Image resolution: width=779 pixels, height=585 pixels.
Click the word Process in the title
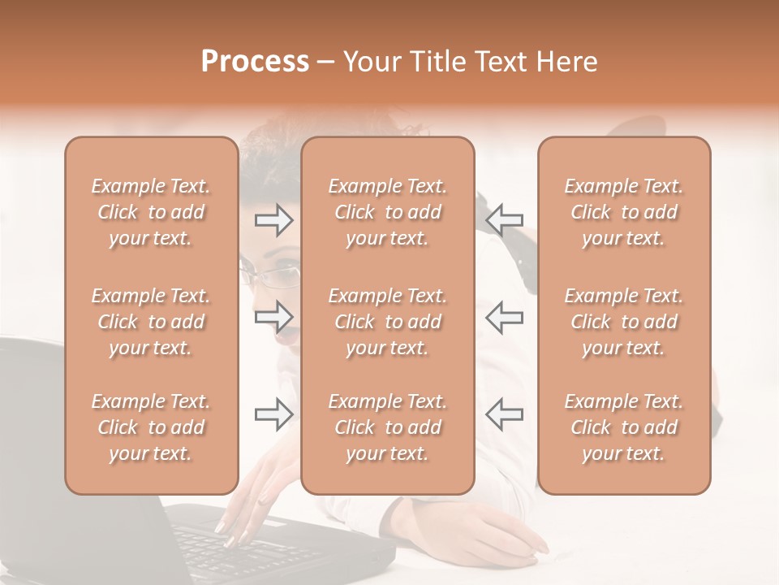(x=255, y=62)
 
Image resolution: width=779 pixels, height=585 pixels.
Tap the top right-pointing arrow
(x=273, y=220)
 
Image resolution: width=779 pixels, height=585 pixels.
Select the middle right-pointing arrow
(x=273, y=316)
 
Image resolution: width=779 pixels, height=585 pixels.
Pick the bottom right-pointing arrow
(x=273, y=414)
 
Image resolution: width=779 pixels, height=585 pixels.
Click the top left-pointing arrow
(x=504, y=219)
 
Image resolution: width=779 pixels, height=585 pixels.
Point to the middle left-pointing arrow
(x=504, y=317)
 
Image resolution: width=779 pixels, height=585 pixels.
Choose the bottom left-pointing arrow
(x=504, y=414)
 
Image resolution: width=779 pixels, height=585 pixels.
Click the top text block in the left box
(x=151, y=212)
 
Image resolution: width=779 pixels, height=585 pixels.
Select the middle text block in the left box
(x=151, y=322)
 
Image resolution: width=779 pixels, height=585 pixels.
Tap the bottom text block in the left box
(x=151, y=427)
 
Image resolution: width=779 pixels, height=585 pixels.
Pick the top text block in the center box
(x=388, y=212)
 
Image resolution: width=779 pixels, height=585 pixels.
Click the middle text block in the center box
(x=388, y=322)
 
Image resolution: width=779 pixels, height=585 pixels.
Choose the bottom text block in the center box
(x=388, y=427)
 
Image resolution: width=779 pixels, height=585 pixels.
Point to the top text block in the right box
(x=624, y=212)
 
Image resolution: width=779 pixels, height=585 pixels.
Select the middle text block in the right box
(x=624, y=322)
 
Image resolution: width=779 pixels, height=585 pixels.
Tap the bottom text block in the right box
(x=624, y=427)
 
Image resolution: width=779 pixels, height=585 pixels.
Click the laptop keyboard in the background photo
(x=227, y=544)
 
